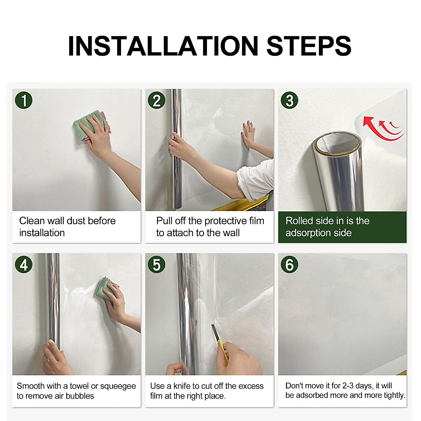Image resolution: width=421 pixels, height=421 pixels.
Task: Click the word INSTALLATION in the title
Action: (163, 46)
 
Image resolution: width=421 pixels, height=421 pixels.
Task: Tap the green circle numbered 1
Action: (24, 100)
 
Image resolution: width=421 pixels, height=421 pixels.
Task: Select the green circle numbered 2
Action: (156, 100)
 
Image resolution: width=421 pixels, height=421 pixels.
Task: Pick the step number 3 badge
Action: (289, 100)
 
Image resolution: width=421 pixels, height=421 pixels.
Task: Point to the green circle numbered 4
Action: (24, 265)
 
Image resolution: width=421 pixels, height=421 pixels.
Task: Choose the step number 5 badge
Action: (156, 265)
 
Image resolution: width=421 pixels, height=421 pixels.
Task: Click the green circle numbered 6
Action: (289, 265)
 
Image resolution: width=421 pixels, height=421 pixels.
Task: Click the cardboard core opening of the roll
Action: (337, 143)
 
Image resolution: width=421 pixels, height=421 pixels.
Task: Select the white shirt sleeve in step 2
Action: (256, 180)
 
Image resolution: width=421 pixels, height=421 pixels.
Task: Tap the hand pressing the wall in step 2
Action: (248, 133)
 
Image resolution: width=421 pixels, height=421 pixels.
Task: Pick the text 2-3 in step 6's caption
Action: (348, 386)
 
